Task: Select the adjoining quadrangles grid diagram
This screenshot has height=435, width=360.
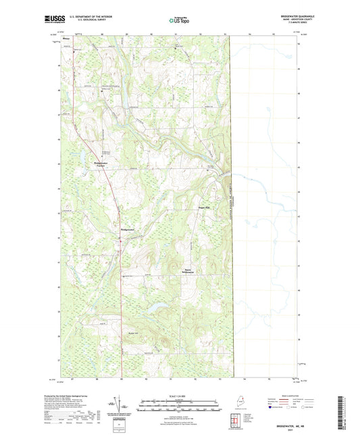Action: [234, 424]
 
